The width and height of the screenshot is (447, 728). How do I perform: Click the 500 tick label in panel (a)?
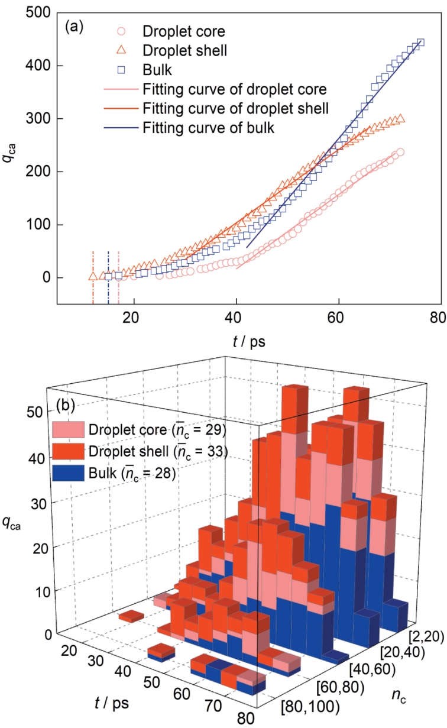point(41,13)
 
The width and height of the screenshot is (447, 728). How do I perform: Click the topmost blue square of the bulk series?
point(420,43)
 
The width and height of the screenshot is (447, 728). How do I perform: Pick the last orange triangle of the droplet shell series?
point(401,119)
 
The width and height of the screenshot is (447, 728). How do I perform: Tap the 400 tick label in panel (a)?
point(41,66)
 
